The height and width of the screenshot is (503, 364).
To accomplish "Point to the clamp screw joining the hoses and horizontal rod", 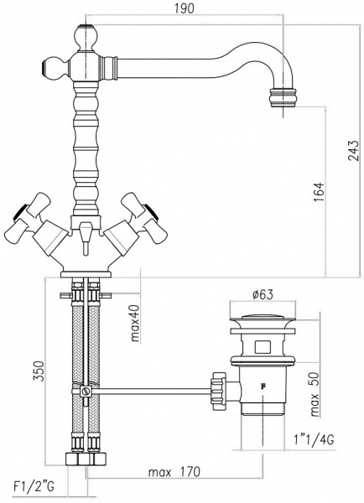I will (85, 391).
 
